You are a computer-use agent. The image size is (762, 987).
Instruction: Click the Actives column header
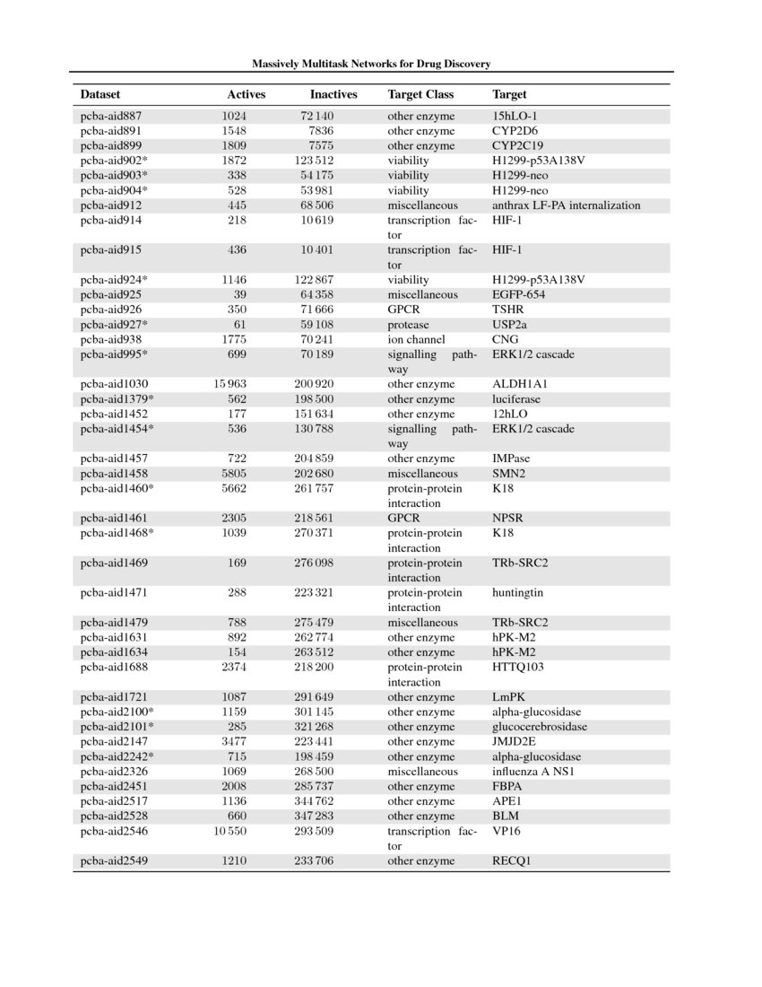[x=246, y=94]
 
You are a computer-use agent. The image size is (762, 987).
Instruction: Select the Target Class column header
[x=420, y=94]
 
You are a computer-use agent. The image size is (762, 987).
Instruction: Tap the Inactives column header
[x=333, y=94]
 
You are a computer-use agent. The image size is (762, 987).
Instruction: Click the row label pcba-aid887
[x=111, y=117]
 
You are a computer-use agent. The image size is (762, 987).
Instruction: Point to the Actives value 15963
[x=230, y=384]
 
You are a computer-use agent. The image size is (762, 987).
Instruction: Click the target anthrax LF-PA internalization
[x=567, y=205]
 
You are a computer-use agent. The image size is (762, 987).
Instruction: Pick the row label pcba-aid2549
[x=115, y=861]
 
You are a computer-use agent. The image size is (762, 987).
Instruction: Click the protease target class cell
[x=408, y=325]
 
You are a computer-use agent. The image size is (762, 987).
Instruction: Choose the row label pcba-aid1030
[x=115, y=384]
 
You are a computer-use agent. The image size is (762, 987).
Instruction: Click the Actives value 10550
[x=230, y=832]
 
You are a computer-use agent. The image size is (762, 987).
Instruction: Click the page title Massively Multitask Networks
[x=370, y=65]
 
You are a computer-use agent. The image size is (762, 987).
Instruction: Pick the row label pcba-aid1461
[x=115, y=519]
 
